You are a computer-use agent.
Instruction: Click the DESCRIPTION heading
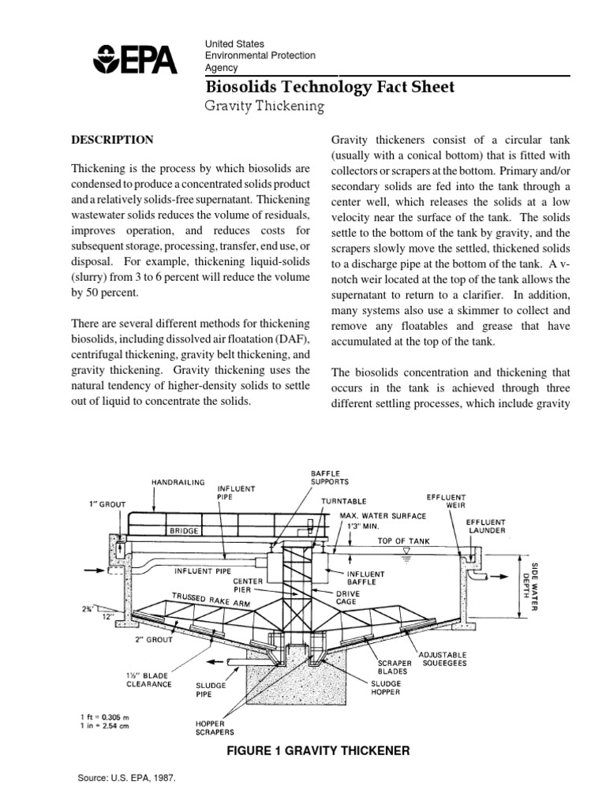click(x=112, y=140)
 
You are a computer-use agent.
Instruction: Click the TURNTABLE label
click(x=343, y=501)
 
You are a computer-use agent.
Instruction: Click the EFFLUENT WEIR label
click(x=446, y=502)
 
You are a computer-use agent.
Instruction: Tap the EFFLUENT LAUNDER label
click(x=486, y=526)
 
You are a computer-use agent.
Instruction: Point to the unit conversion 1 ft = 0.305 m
click(x=107, y=716)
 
